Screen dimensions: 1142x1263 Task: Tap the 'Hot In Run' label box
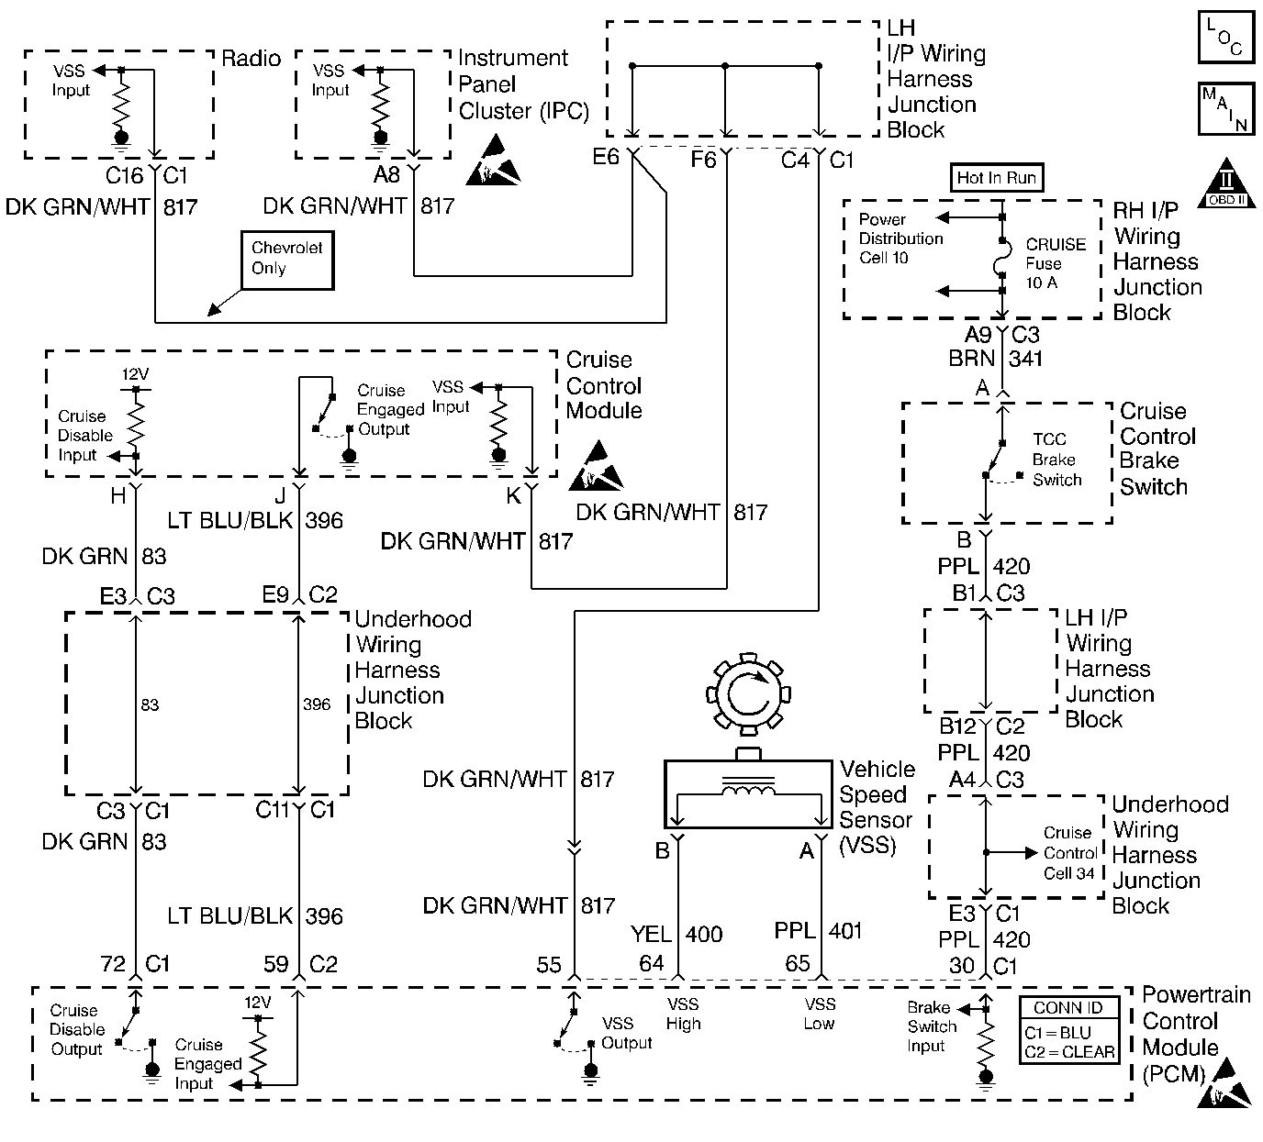(x=996, y=178)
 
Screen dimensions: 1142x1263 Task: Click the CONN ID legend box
(x=1068, y=1031)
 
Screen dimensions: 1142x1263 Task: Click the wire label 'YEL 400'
(x=676, y=934)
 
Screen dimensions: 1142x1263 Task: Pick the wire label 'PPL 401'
(x=819, y=932)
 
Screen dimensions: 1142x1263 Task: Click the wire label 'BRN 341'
(x=996, y=359)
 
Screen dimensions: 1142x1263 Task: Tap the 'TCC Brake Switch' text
(x=1056, y=460)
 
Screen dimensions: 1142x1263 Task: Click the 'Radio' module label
(x=251, y=59)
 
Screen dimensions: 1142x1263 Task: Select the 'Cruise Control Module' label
(x=604, y=385)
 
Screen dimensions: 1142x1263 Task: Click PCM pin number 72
(x=113, y=964)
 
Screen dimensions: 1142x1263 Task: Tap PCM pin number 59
(x=275, y=964)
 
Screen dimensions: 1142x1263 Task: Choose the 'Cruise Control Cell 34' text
(x=1069, y=853)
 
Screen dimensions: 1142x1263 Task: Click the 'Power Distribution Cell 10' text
(x=900, y=238)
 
